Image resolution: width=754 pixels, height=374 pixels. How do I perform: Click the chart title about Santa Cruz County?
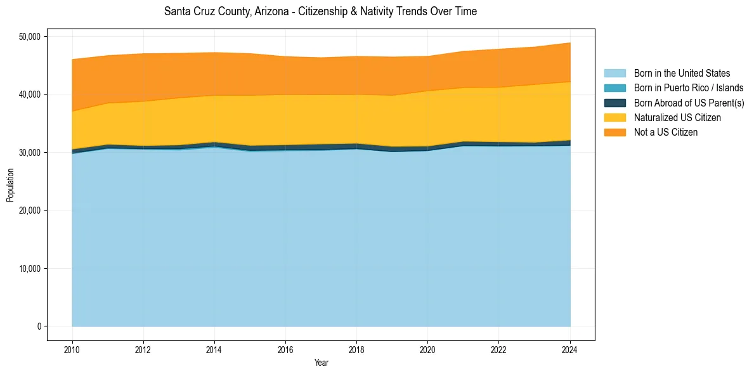320,11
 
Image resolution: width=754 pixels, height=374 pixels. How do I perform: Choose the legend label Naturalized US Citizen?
677,118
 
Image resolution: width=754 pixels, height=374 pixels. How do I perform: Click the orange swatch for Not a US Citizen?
614,132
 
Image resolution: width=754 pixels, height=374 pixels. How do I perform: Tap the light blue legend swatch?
614,74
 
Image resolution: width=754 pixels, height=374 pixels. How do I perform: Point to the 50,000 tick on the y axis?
29,37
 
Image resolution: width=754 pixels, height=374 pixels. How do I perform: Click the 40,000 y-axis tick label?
29,94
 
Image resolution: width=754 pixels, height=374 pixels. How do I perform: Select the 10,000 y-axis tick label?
29,269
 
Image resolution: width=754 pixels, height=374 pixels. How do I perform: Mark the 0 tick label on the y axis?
39,326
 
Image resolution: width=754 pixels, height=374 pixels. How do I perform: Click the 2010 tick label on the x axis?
72,349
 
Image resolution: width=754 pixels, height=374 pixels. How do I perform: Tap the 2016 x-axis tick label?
285,349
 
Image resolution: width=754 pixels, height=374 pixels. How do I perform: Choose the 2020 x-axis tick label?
427,349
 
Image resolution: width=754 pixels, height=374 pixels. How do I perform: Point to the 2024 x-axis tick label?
569,349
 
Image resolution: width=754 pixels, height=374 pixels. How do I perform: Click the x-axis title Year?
321,363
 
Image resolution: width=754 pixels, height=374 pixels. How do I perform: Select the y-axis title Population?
10,185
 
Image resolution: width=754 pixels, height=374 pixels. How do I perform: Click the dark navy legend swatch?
614,103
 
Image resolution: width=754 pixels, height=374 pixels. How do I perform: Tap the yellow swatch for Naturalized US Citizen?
614,118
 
